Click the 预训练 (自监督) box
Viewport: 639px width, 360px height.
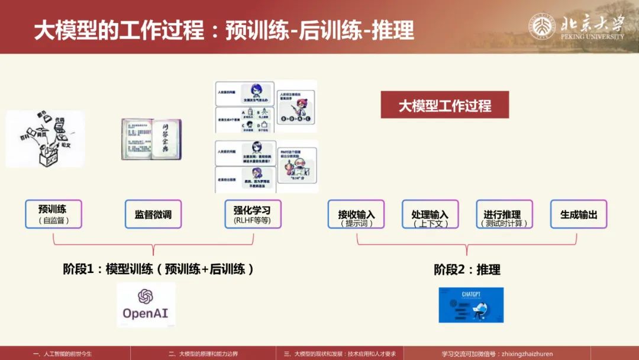53,214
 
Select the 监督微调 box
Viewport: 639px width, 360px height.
153,214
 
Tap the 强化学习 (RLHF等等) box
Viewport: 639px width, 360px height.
253,214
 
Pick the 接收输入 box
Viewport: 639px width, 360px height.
356,214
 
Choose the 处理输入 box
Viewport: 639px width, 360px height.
430,214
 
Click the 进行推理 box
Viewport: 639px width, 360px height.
504,214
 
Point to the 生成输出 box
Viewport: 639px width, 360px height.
579,214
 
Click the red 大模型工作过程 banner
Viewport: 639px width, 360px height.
444,106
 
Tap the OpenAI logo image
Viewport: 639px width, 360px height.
146,304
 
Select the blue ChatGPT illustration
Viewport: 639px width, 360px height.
471,305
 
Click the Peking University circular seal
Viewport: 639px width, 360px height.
542,26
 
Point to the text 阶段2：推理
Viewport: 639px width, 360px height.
467,269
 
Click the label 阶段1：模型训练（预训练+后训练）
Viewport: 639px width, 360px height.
159,269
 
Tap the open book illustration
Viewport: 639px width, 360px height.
151,139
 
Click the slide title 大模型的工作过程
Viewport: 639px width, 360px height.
118,30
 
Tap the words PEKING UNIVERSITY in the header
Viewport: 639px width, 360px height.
592,36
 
